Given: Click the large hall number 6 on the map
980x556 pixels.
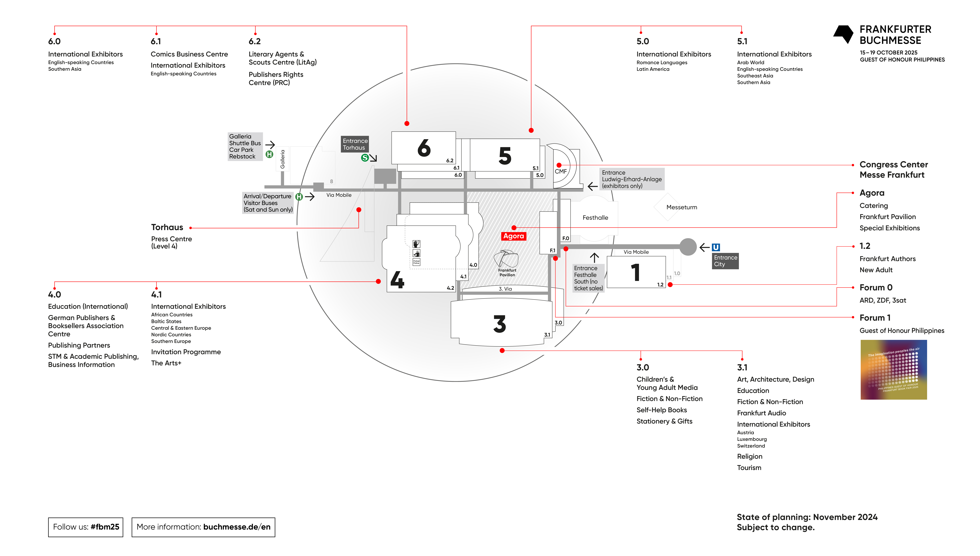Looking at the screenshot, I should [x=424, y=148].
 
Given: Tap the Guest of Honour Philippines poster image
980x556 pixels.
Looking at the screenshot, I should [x=893, y=370].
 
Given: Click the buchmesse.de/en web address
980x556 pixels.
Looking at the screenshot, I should [x=237, y=527].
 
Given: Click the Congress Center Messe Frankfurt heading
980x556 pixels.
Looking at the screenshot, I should [x=893, y=170].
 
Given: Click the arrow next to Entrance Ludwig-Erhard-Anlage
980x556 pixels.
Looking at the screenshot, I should [x=592, y=186].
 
